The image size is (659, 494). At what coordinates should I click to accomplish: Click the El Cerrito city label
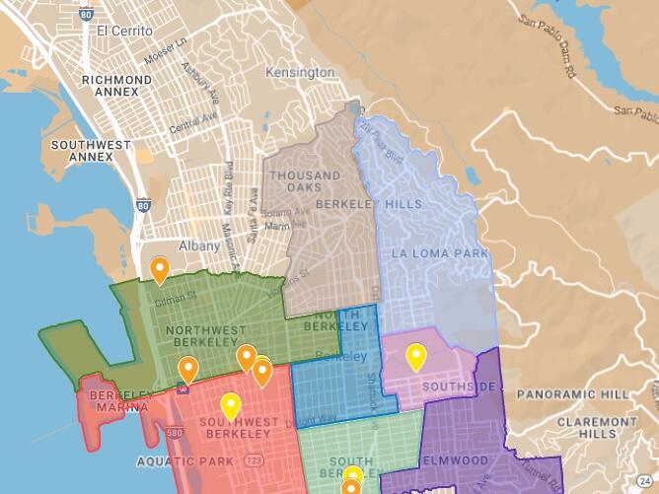point(124,31)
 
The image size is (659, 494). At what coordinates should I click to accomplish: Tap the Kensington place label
point(300,73)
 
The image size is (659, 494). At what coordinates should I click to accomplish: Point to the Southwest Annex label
point(91,151)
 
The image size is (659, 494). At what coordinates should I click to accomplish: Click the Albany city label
point(199,246)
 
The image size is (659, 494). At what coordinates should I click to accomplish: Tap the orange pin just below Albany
point(159,268)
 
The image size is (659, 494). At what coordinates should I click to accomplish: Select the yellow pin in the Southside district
point(416,355)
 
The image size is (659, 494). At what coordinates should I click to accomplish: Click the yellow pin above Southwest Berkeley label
point(230,404)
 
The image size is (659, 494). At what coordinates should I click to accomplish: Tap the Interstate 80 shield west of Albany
point(144,206)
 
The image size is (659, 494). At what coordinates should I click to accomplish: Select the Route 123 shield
point(255,460)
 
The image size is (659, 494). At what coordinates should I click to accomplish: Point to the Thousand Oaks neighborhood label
point(307,182)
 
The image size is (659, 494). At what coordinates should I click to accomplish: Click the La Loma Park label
point(440,253)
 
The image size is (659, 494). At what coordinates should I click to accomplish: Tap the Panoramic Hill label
point(573,394)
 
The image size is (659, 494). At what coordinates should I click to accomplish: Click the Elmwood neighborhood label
point(454,459)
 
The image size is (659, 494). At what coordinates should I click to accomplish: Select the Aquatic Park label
point(185,460)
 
